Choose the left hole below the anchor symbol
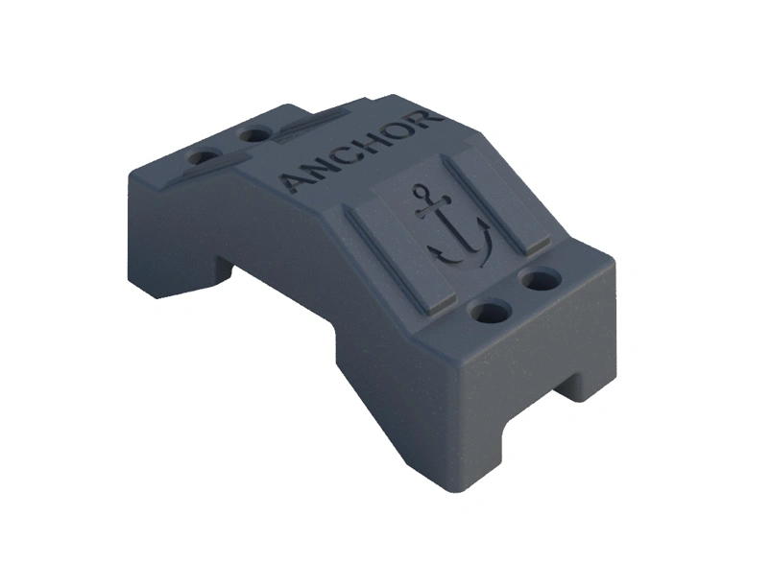492,312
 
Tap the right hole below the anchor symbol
540,280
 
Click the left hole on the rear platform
203,156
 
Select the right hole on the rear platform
254,135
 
